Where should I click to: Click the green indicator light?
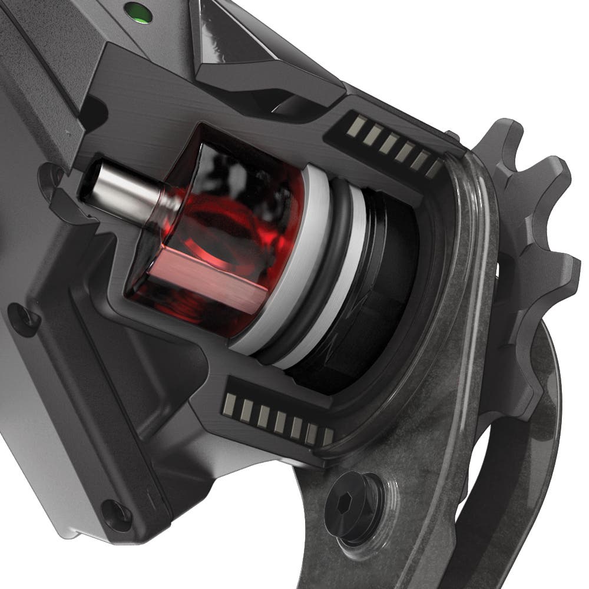[140, 12]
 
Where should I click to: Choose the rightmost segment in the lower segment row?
[327, 436]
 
